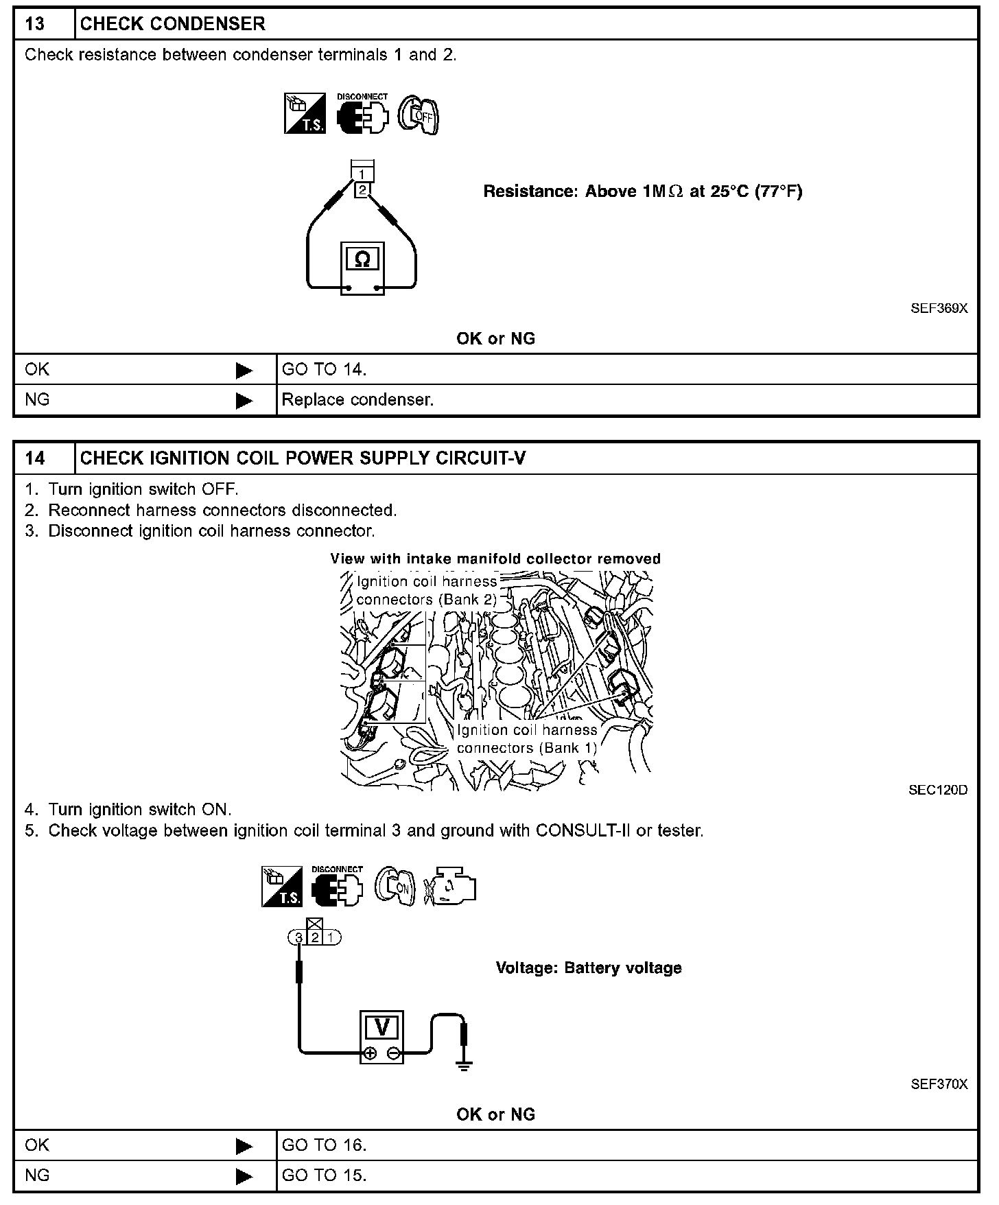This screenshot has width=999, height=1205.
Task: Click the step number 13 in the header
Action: click(35, 24)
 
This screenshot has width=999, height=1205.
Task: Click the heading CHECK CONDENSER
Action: click(172, 24)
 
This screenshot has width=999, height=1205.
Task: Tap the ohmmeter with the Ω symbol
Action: click(362, 268)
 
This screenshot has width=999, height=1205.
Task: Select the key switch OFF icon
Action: click(418, 115)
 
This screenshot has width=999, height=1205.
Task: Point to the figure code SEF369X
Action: click(939, 308)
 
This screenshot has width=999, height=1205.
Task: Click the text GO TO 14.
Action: click(324, 370)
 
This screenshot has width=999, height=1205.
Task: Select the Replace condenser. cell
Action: click(357, 400)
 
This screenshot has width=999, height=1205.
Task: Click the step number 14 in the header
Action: click(35, 458)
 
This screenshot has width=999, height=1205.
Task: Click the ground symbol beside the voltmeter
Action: click(465, 1063)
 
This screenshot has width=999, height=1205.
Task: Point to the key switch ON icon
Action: click(395, 887)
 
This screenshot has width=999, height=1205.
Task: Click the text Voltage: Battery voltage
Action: click(589, 968)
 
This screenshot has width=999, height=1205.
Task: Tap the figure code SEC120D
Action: click(938, 790)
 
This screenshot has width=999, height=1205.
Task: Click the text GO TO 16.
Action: click(324, 1145)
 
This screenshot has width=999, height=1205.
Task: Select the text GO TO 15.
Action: click(324, 1175)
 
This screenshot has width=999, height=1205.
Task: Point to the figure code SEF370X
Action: click(939, 1084)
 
